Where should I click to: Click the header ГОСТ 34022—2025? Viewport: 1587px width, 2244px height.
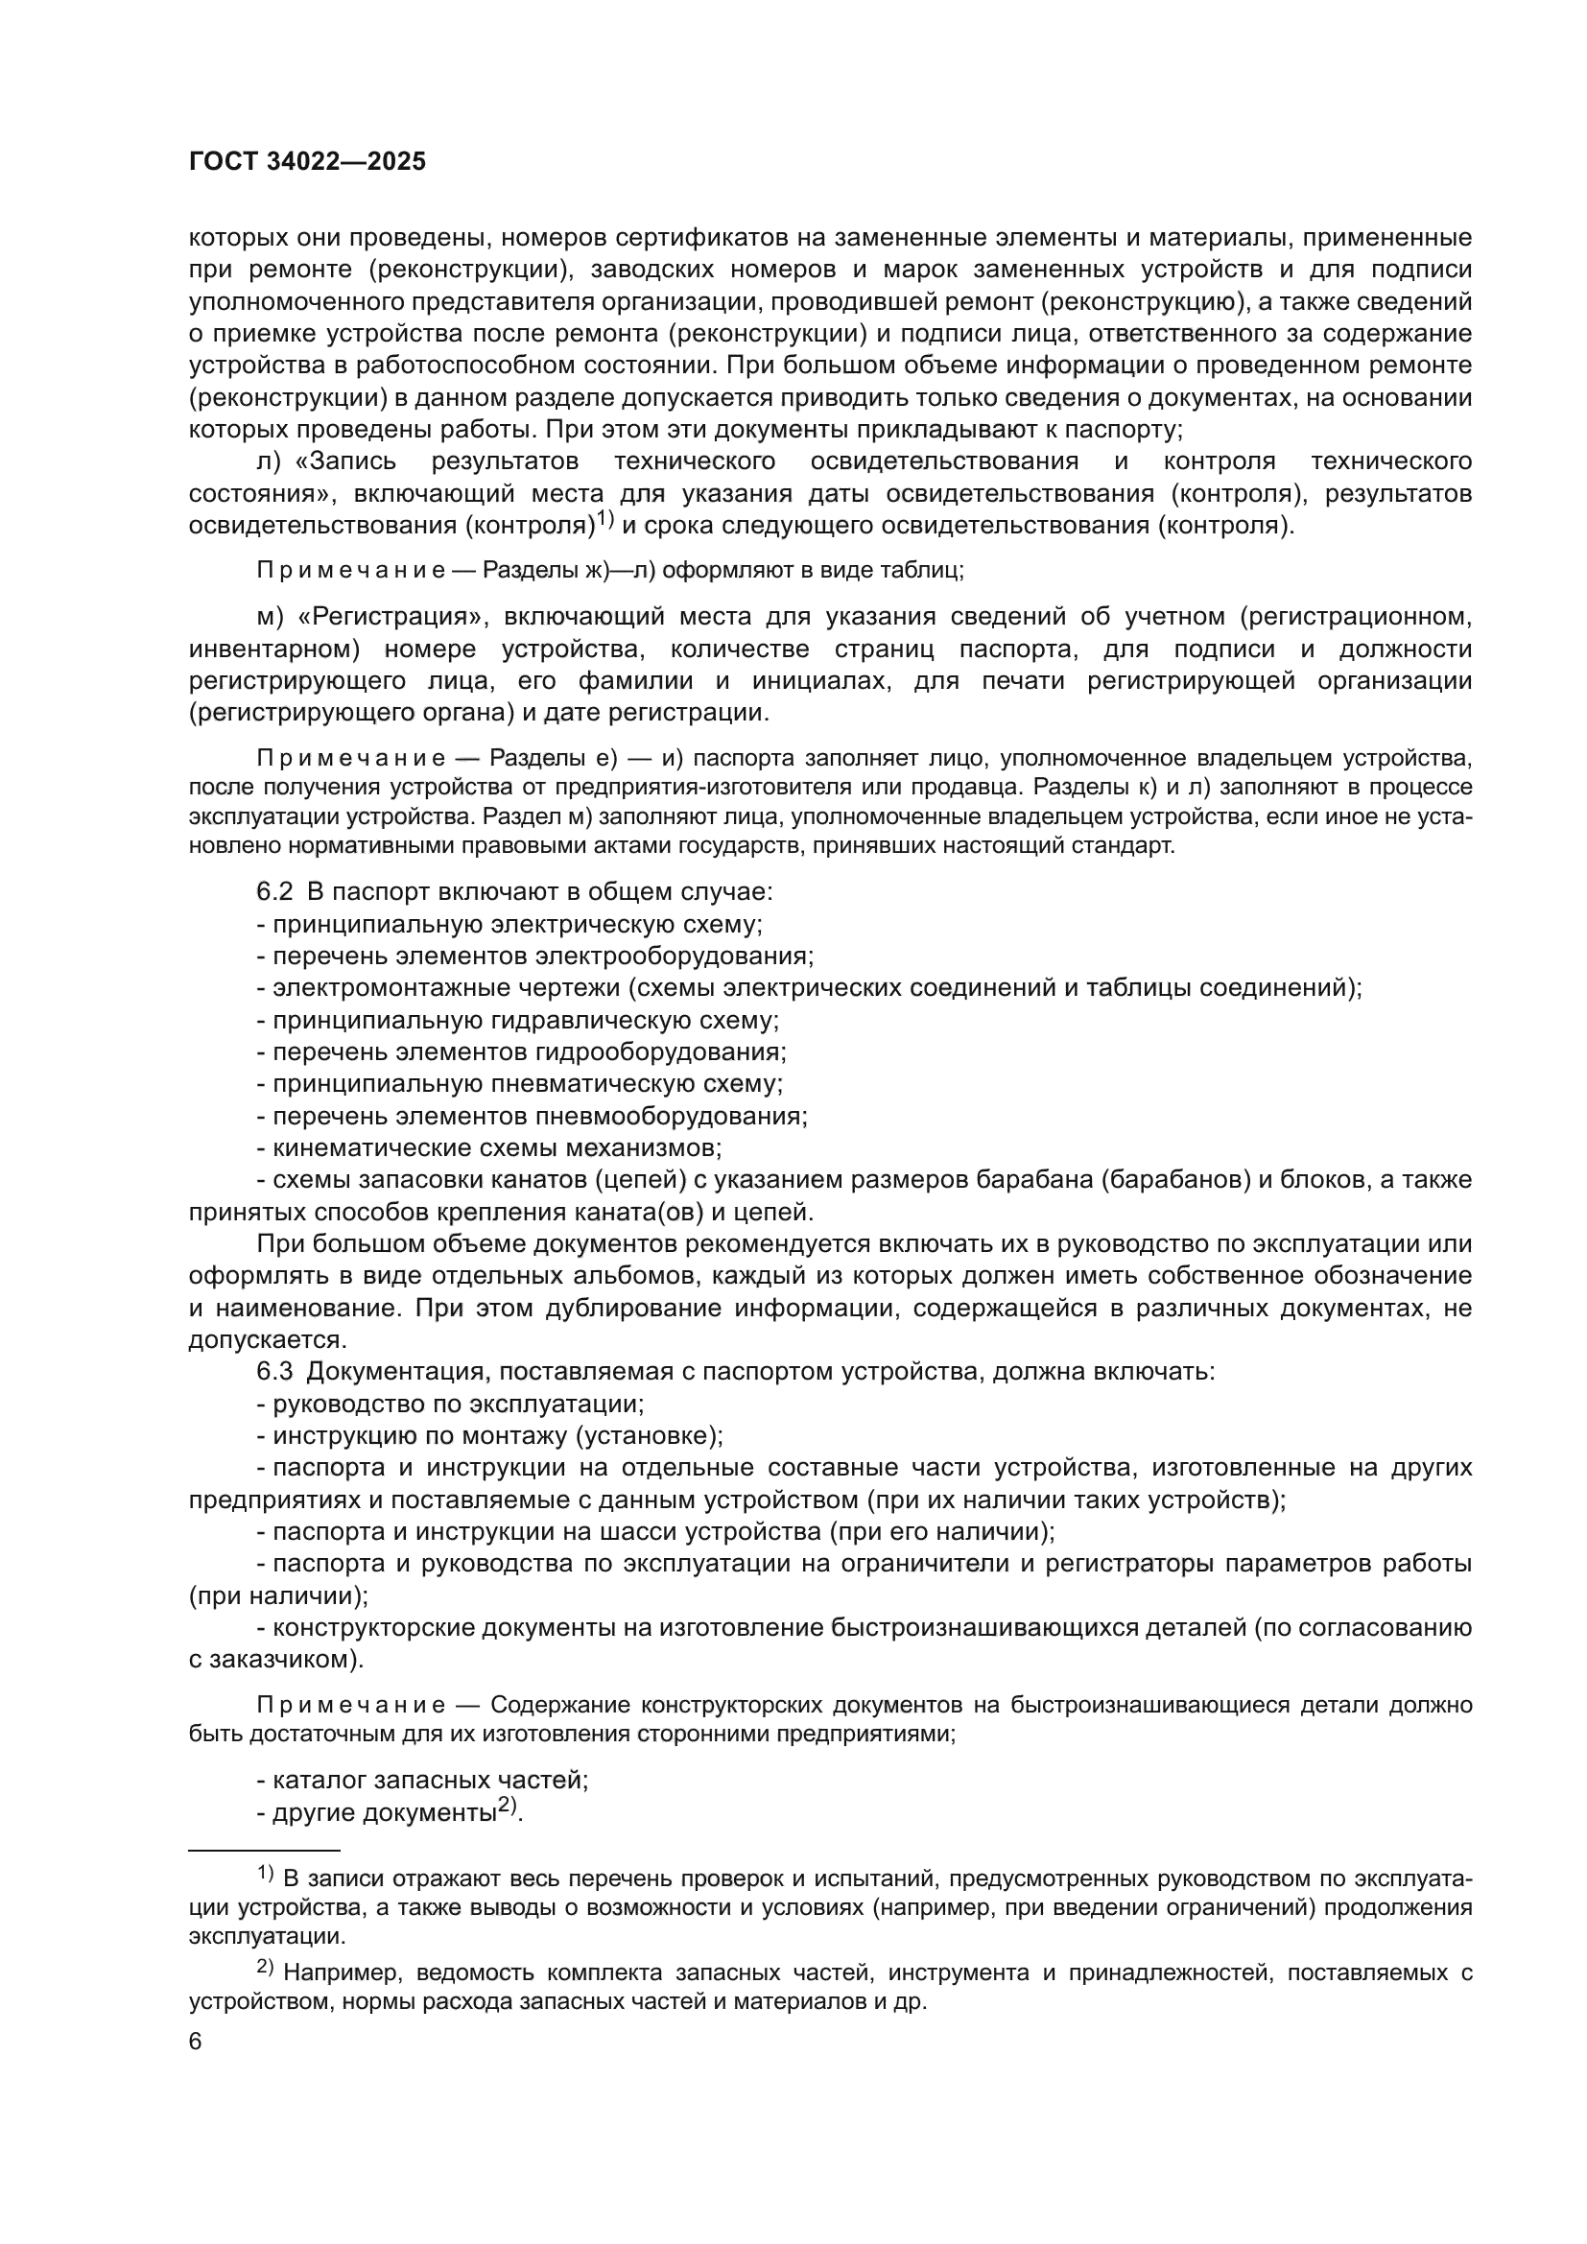pyautogui.click(x=307, y=162)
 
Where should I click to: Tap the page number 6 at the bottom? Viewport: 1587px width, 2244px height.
pyautogui.click(x=196, y=2043)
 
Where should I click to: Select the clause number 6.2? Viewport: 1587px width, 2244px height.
pyautogui.click(x=274, y=892)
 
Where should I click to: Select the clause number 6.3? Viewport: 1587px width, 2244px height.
pyautogui.click(x=274, y=1372)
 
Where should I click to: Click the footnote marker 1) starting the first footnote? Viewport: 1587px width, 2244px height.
pyautogui.click(x=266, y=1874)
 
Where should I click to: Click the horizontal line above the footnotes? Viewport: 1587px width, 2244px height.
pyautogui.click(x=264, y=1850)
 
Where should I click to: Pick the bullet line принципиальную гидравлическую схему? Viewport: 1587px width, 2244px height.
pyautogui.click(x=518, y=1021)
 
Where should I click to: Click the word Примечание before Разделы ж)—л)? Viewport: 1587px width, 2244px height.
pyautogui.click(x=351, y=571)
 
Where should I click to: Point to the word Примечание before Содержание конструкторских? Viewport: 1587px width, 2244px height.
pyautogui.click(x=351, y=1706)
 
